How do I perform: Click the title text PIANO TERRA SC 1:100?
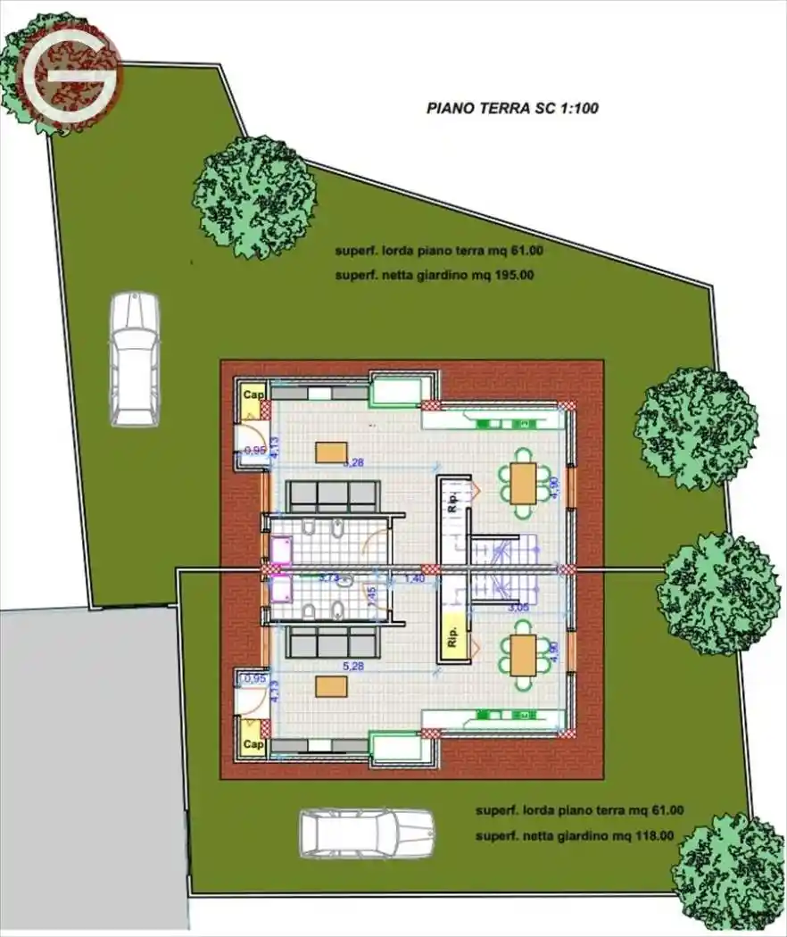(x=512, y=109)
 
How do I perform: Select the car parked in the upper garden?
(x=134, y=358)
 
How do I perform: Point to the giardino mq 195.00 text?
(x=435, y=276)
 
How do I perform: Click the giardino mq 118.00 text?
(x=575, y=836)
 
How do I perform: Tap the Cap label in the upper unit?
(x=253, y=394)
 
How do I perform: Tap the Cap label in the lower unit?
(x=253, y=743)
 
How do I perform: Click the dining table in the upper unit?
(x=524, y=483)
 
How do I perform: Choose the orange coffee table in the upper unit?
(x=329, y=452)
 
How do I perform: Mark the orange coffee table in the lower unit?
(x=331, y=685)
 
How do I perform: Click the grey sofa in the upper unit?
(x=334, y=497)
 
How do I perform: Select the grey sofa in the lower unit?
(x=334, y=642)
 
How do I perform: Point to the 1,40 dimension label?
(x=414, y=579)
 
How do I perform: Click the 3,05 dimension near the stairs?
(x=518, y=608)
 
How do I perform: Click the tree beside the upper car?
(x=254, y=196)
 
